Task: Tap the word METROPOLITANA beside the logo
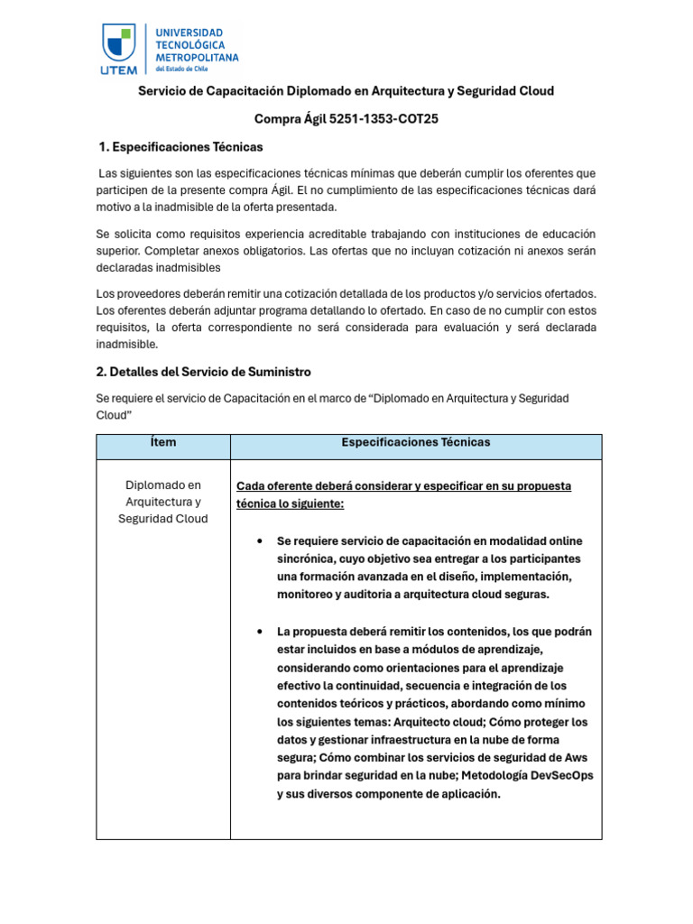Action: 198,57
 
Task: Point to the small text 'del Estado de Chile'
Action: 180,69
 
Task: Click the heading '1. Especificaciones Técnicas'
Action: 180,147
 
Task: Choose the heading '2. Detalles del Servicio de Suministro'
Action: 203,372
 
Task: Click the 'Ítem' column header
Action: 163,442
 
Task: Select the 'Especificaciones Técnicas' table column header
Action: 415,442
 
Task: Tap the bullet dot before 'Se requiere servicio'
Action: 260,541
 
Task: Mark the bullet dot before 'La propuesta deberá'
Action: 260,632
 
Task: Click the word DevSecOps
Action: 560,776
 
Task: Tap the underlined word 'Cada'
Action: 251,485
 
